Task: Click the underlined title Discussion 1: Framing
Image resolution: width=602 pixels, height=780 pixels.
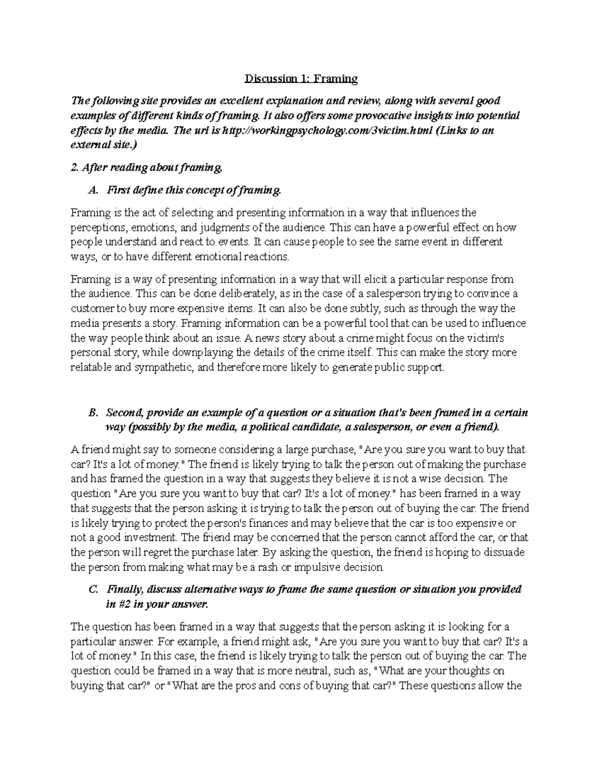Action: click(x=301, y=79)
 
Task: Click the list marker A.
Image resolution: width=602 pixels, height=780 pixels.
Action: click(x=91, y=190)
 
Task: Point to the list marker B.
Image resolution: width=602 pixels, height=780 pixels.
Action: click(x=91, y=413)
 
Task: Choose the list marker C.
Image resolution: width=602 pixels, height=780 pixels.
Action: click(x=91, y=589)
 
